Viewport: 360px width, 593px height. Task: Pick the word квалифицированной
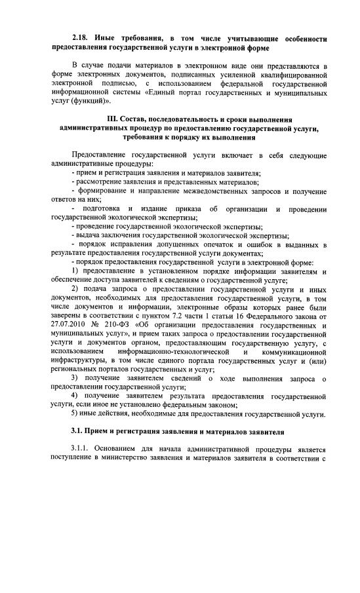[x=286, y=75]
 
